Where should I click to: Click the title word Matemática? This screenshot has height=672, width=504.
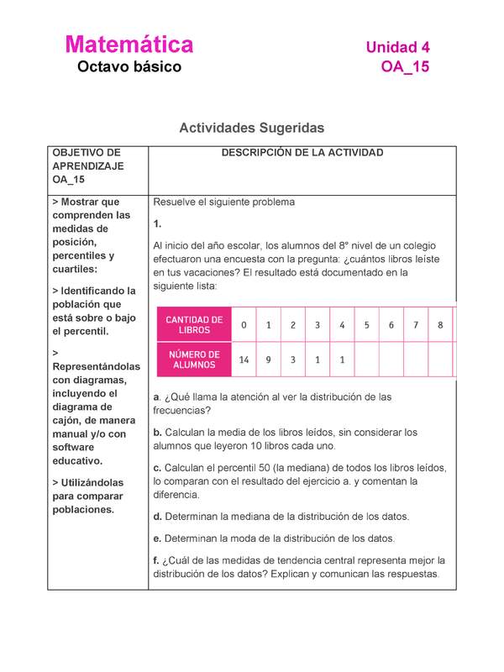click(x=129, y=44)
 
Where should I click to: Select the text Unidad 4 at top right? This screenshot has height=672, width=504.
click(x=397, y=47)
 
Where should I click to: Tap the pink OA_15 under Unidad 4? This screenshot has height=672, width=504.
click(x=405, y=66)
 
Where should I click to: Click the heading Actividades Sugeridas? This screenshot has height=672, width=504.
click(x=251, y=128)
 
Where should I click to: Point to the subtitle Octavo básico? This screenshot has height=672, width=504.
click(x=129, y=66)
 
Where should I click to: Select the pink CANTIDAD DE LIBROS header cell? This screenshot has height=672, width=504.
click(x=194, y=325)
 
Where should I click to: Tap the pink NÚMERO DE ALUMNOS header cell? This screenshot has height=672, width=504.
click(x=194, y=360)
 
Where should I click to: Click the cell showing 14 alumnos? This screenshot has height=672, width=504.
click(x=244, y=360)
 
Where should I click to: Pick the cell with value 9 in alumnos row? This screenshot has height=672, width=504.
click(x=268, y=360)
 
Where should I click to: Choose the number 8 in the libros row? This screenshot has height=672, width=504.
click(x=440, y=325)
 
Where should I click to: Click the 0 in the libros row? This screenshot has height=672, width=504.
click(x=244, y=325)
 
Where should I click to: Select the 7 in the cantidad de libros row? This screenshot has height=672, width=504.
click(x=416, y=325)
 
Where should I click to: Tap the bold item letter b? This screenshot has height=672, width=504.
click(x=156, y=433)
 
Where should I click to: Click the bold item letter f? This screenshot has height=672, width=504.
click(x=155, y=560)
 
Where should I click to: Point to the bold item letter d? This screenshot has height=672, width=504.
click(x=157, y=517)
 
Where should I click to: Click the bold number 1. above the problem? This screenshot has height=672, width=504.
click(x=157, y=224)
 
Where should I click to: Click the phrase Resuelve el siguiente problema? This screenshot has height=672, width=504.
click(x=223, y=202)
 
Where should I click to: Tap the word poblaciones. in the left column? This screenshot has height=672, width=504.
click(x=82, y=510)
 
